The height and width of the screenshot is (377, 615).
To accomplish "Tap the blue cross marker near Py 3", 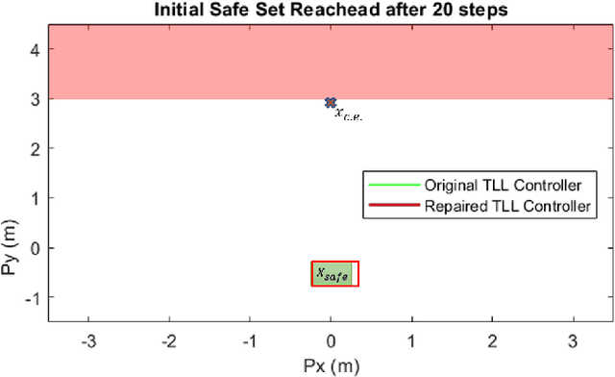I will click(331, 102).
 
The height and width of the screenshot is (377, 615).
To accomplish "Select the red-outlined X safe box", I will click(334, 274).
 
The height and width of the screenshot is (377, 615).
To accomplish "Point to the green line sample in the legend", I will click(392, 184).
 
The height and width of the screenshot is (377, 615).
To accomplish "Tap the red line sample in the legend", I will click(392, 205).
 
